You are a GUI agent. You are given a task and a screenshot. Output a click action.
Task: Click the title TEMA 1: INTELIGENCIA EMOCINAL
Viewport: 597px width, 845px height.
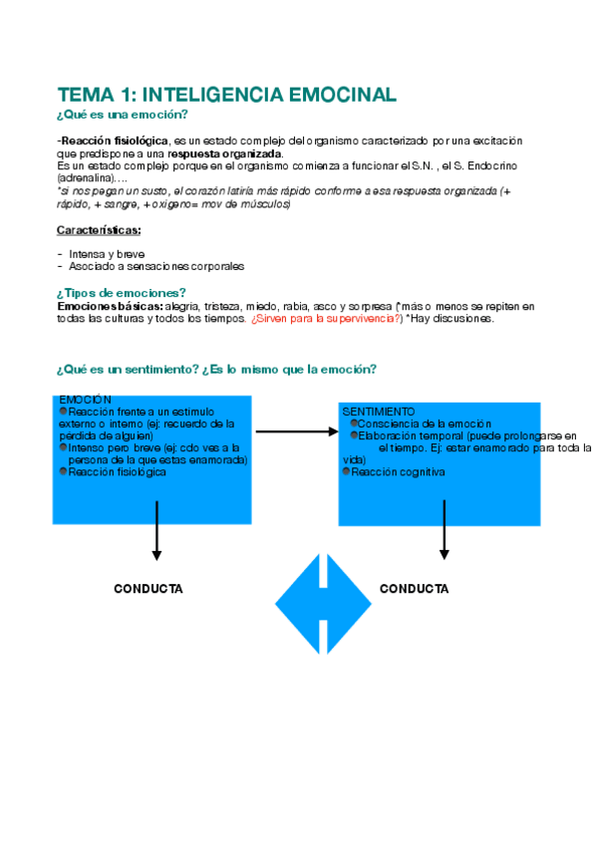coord(227,95)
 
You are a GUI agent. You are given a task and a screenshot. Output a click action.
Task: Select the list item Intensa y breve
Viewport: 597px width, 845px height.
coord(106,254)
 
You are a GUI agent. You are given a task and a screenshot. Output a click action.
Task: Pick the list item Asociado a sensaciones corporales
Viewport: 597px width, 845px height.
coord(155,266)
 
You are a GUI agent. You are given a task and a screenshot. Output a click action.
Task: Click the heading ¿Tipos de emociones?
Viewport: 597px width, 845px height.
coord(122,292)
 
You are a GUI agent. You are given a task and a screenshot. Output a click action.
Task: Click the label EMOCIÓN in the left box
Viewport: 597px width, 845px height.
coord(86,400)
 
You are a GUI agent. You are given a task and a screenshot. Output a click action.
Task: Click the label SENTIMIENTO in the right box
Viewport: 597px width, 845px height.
coord(379,411)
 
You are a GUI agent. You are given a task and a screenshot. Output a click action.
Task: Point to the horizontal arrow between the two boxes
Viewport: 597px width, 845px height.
coord(297,431)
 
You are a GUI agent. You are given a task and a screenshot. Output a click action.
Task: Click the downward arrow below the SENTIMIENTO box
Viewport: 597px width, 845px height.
coord(445,530)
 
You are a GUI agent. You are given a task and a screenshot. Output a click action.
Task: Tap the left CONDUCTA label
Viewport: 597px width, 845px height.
coord(149,589)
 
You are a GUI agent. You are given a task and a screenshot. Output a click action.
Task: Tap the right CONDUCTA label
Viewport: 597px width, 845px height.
coord(415,589)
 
